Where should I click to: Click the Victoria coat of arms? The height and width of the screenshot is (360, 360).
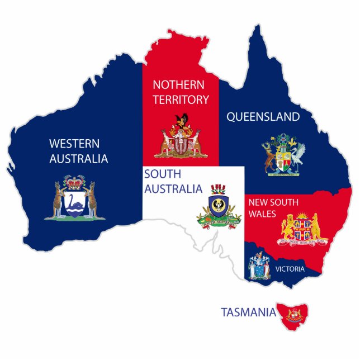(259, 266)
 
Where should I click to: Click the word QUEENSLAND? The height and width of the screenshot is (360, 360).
(263, 117)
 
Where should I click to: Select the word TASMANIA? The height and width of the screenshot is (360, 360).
(248, 312)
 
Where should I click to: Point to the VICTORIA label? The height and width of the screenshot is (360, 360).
(290, 269)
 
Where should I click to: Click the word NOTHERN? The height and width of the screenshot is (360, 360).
(181, 86)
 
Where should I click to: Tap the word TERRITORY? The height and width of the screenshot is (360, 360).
(181, 100)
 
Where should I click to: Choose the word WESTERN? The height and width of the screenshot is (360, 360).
(74, 143)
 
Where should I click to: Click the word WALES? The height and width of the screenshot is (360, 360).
(263, 213)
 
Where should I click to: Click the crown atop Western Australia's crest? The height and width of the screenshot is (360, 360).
(74, 182)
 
